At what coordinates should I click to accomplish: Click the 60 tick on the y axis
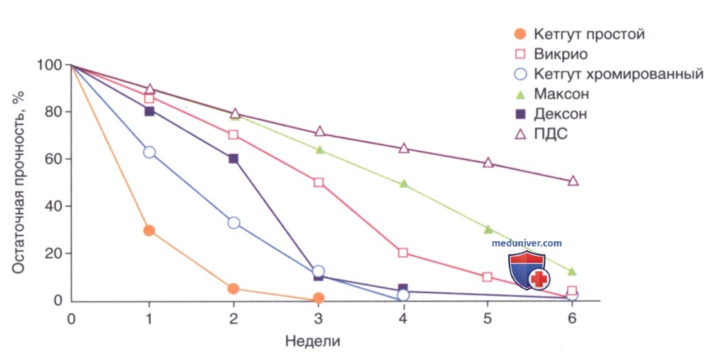pyautogui.click(x=53, y=159)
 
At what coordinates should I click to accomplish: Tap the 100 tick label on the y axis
pyautogui.click(x=49, y=65)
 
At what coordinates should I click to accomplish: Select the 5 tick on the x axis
pyautogui.click(x=487, y=318)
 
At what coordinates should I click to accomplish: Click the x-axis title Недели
pyautogui.click(x=313, y=342)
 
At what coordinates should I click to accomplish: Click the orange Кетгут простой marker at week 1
pyautogui.click(x=149, y=231)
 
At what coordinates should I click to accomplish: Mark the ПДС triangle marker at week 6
pyautogui.click(x=573, y=181)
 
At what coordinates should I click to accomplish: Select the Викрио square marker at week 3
pyautogui.click(x=319, y=182)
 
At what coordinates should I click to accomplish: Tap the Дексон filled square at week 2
pyautogui.click(x=233, y=159)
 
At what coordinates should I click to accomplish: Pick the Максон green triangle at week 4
pyautogui.click(x=404, y=184)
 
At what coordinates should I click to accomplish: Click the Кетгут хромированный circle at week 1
pyautogui.click(x=149, y=152)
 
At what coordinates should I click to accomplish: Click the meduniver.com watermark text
pyautogui.click(x=527, y=243)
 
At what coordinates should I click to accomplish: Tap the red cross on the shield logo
pyautogui.click(x=539, y=279)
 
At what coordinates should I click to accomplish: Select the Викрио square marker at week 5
pyautogui.click(x=487, y=277)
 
